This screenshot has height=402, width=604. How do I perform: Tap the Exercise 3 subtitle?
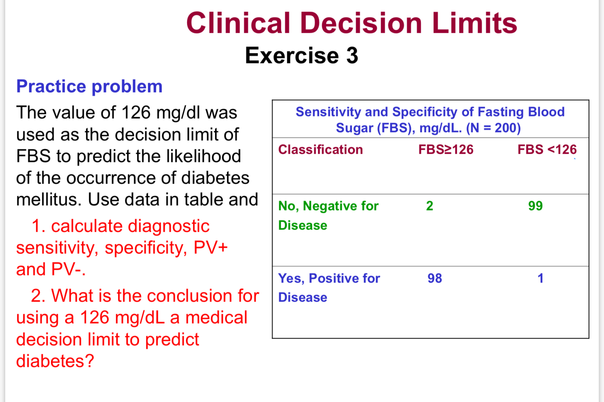coord(301,56)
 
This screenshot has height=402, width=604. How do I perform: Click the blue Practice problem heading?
coord(89,87)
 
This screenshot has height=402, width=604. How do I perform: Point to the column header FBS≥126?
coord(446,150)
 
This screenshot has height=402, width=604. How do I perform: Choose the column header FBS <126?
coord(547,150)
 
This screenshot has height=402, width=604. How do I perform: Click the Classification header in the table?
coord(320,150)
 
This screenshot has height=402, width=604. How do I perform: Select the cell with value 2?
coord(430,206)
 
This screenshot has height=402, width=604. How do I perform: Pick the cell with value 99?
coord(535,206)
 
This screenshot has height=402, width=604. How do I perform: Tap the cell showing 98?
coord(434,278)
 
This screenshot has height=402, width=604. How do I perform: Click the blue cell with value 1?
coord(540,278)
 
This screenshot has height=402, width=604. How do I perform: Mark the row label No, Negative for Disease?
coord(328,215)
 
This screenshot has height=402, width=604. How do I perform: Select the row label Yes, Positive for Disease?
coord(329,288)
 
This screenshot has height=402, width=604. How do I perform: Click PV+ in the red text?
coord(210,248)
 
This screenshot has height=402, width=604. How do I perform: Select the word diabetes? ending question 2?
coord(55,361)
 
